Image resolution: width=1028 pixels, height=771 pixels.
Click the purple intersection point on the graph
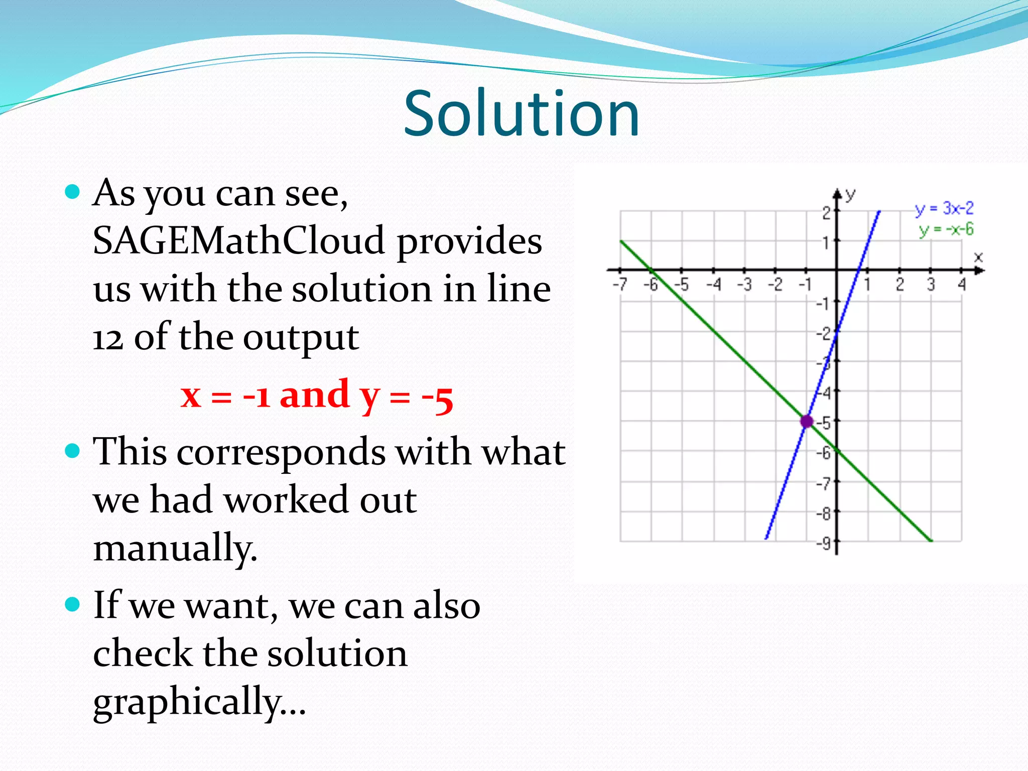coord(806,421)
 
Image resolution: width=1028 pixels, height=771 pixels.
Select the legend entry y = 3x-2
coord(944,208)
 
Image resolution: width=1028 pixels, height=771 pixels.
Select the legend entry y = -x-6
coord(946,230)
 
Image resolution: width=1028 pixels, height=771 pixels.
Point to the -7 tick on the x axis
coord(620,285)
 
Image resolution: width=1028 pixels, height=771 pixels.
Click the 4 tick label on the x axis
coord(962,285)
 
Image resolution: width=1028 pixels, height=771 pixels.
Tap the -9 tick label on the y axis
coord(823,544)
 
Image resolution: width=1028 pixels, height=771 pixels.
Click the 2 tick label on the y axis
coord(826,213)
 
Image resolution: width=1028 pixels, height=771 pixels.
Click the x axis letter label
coord(978,258)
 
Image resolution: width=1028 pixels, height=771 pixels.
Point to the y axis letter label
coord(850,195)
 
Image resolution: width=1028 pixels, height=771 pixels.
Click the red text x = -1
coord(225,397)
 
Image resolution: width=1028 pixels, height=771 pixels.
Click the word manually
coord(175,548)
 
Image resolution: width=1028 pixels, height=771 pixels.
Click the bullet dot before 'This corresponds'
coord(73,450)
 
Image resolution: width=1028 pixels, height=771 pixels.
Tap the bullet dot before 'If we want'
coord(73,604)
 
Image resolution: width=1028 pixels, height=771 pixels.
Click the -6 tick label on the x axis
coord(651,285)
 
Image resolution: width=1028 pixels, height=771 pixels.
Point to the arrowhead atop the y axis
coord(837,194)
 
